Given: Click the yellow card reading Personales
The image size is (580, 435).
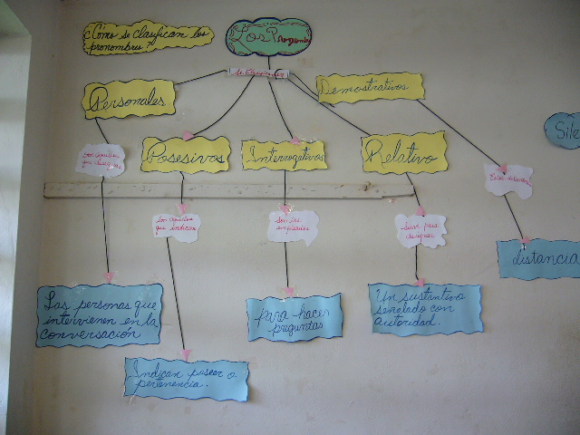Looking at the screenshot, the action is tap(129, 99).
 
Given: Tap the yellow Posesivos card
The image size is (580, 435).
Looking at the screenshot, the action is tap(185, 154).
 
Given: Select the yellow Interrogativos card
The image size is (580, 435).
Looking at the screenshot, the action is tap(284, 155).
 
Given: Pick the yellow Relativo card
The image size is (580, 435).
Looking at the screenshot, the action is tap(404, 152).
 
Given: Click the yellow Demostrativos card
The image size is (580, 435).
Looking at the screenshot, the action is tap(371, 87).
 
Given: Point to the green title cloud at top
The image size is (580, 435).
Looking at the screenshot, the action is tap(269, 37).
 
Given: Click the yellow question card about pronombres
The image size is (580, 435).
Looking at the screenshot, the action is tap(148, 37).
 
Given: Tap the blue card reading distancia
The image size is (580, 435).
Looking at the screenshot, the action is tap(540, 258).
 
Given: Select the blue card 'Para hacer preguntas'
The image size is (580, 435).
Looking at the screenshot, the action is tap(294, 317).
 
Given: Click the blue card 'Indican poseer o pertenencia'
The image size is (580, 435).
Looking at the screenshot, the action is tap(186, 379).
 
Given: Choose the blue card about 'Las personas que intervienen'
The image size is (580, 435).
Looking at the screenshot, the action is tap(100, 315).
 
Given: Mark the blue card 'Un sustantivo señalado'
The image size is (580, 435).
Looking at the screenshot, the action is tap(425, 309).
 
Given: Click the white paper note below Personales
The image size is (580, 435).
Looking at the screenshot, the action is tap(101, 159).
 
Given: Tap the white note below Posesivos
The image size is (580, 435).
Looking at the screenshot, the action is tap(177, 227).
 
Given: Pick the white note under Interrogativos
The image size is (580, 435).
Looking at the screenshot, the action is tap(293, 227).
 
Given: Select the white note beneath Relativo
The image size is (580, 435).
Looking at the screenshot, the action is tap(420, 230).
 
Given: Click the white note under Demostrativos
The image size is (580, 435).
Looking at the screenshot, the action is tap(508, 181).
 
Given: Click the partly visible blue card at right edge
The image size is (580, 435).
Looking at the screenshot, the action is tap(565, 130).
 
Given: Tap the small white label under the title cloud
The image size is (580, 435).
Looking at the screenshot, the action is tap(258, 72).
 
